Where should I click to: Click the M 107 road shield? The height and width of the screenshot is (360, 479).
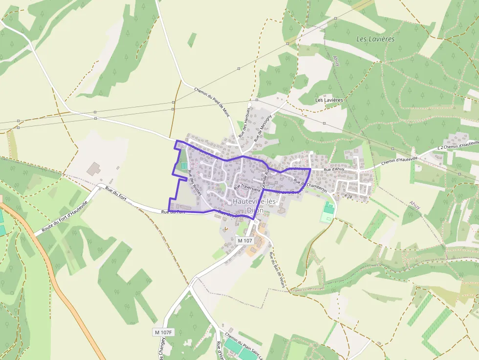(244, 241)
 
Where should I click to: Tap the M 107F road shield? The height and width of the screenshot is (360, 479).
(163, 333)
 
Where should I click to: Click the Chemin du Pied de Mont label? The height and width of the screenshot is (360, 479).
(212, 102)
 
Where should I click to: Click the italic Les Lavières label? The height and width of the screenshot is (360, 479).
(375, 39)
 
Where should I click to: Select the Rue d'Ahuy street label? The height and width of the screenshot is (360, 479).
(334, 169)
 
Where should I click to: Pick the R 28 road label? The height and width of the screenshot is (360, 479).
(348, 196)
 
